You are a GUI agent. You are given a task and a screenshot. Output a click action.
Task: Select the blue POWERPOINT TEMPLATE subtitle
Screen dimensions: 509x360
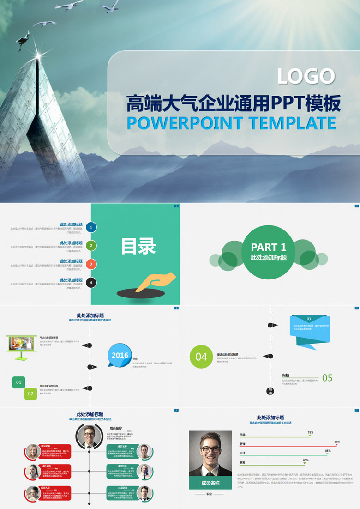coord(231,123)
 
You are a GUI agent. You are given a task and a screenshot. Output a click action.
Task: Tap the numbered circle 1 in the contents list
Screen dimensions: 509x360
coord(91,227)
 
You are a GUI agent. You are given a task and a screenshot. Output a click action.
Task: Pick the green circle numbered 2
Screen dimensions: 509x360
coord(91,246)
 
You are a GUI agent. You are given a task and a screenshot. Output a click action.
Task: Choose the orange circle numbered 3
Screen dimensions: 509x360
coord(91,264)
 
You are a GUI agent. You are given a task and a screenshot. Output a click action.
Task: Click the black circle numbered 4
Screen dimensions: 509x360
coord(91,283)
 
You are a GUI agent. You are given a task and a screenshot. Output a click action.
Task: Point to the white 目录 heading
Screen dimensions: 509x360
coord(138,246)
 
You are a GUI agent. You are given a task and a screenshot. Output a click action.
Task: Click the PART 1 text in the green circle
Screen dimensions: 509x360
coord(268,247)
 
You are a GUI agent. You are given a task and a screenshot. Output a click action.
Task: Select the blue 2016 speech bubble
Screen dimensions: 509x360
coord(120,355)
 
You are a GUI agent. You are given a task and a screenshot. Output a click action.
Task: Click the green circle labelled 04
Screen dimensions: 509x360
coord(201,357)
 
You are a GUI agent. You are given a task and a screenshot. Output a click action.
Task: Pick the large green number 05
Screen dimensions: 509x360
coord(327,378)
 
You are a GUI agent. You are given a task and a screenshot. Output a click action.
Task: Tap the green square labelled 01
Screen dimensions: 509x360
coord(18,382)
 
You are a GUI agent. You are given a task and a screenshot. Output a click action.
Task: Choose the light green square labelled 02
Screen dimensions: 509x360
coord(30,394)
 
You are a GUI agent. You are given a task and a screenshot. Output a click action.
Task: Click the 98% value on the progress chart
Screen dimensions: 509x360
coord(337,442)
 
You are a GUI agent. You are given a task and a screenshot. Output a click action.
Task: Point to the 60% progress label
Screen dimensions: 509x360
coord(306,460)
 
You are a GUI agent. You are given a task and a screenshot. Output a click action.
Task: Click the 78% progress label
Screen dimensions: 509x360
coord(310,432)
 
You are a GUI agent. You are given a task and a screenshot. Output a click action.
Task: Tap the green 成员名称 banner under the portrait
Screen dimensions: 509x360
coord(210,483)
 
